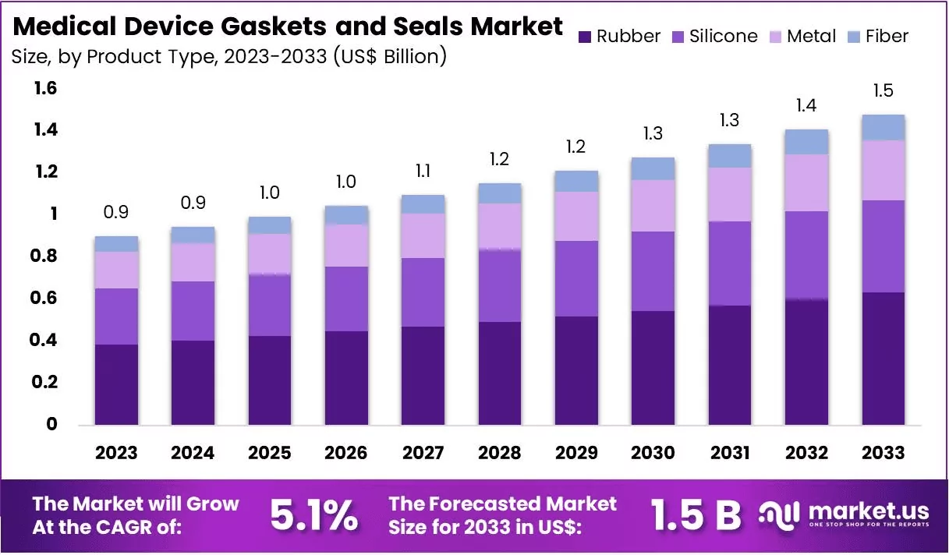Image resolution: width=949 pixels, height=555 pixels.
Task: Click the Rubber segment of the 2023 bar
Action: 116,384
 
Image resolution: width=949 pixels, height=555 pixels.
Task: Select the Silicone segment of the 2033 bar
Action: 883,246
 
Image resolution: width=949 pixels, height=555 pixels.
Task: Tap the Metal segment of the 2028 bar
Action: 500,226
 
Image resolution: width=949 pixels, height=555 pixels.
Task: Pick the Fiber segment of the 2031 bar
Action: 730,156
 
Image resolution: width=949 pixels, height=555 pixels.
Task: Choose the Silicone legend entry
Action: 713,37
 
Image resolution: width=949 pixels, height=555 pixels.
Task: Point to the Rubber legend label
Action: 629,37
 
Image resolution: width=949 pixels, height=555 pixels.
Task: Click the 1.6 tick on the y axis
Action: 46,89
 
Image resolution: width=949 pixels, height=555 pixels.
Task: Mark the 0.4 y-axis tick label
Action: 46,341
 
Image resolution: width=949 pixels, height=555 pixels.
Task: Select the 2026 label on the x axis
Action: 346,453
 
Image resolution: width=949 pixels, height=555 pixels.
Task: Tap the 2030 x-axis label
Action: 653,453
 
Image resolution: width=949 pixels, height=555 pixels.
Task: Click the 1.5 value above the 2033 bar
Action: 883,91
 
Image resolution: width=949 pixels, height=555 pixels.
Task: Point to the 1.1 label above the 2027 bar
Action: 423,171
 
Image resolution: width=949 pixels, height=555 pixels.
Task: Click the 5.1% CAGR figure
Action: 314,514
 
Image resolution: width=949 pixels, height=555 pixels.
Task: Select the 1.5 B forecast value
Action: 696,514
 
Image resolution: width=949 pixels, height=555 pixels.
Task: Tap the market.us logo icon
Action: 781,514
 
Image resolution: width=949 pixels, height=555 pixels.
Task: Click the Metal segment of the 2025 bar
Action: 270,253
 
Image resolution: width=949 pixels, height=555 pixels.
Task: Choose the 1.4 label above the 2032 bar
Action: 806,105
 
